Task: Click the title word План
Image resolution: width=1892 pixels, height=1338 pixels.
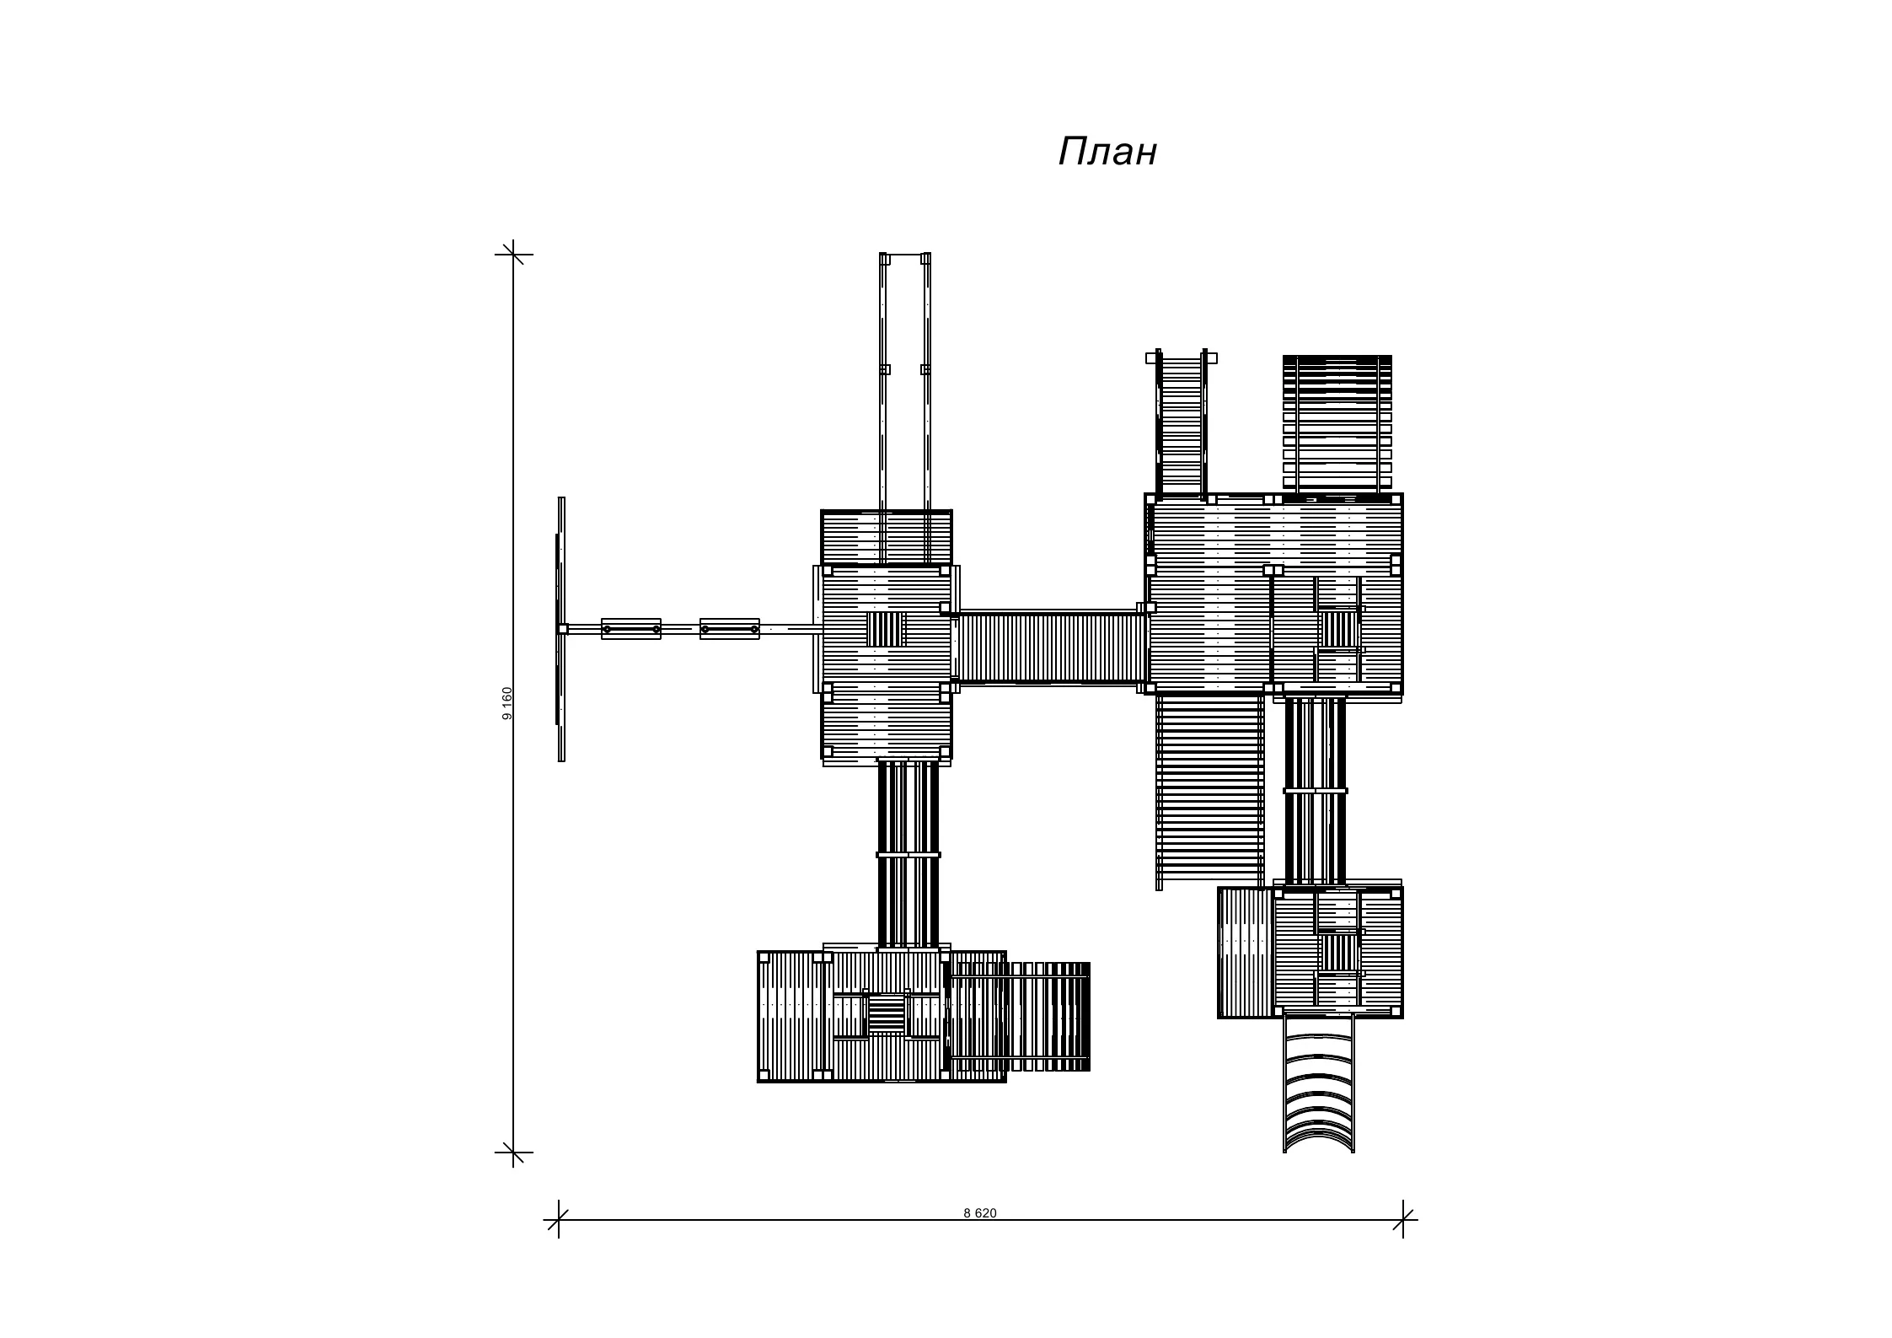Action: point(1107,153)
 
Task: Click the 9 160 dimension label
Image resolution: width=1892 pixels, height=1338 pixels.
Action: point(506,703)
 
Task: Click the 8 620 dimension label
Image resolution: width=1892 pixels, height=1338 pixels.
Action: point(980,1213)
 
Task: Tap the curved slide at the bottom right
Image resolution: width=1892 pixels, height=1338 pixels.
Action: point(1319,1084)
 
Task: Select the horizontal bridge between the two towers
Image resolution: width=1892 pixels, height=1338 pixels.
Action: point(1049,648)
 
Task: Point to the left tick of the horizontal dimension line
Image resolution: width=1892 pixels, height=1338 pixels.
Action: point(559,1219)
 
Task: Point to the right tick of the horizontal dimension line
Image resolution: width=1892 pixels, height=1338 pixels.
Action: point(1403,1219)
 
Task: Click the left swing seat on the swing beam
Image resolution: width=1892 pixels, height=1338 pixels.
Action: point(631,629)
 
